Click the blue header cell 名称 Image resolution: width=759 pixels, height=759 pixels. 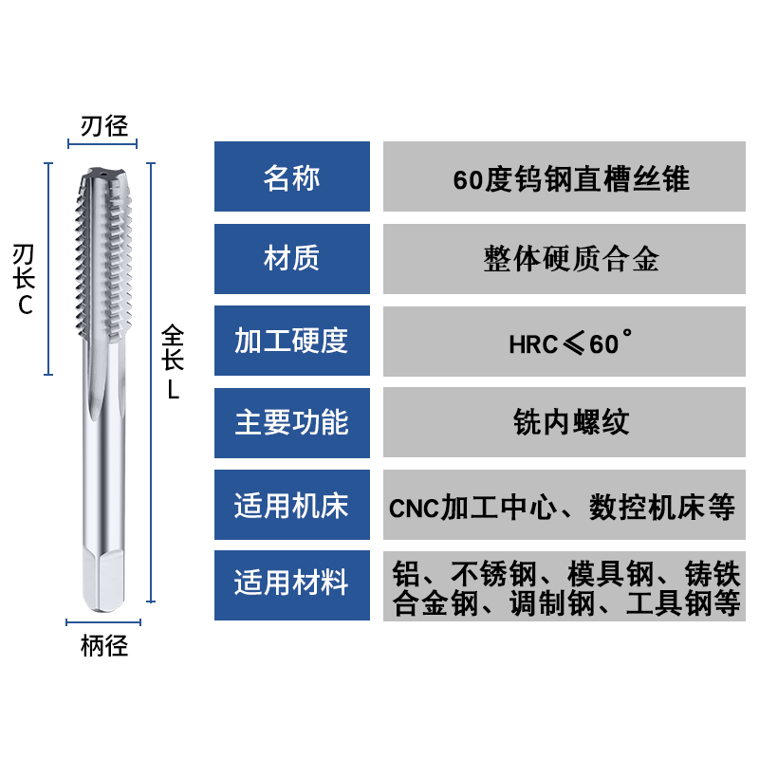291,176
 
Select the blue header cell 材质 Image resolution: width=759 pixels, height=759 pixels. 291,258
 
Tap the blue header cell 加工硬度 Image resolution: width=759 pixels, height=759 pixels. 291,341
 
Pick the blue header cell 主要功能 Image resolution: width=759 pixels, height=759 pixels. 291,422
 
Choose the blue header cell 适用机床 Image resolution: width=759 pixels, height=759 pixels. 291,504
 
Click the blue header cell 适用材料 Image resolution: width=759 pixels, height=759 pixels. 291,584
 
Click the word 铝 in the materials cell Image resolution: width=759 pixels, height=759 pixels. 405,573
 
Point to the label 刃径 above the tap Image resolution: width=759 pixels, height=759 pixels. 103,125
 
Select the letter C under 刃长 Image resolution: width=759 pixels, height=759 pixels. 26,305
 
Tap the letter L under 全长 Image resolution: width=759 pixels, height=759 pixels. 174,388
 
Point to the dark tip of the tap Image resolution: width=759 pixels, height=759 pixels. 103,175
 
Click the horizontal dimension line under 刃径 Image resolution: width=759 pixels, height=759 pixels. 102,145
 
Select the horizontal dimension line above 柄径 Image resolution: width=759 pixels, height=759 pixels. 103,622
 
